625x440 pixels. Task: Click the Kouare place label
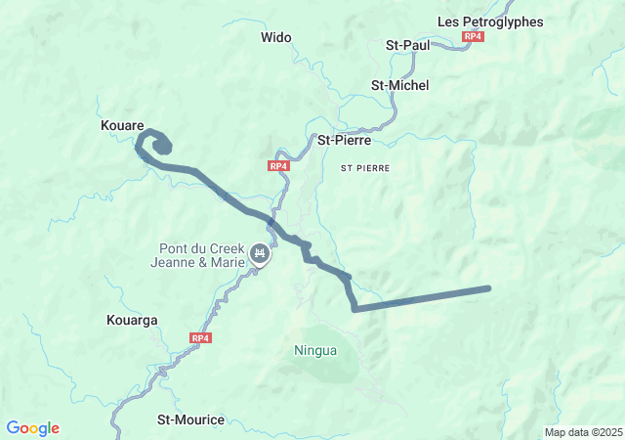click(x=122, y=126)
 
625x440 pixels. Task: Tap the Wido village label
click(x=276, y=38)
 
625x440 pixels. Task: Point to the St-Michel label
click(x=400, y=85)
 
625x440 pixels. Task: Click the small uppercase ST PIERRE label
click(x=365, y=168)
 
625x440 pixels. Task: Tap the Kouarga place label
click(x=131, y=320)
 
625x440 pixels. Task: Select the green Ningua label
click(x=315, y=349)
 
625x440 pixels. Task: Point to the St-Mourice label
click(x=190, y=420)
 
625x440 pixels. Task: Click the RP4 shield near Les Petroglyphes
click(x=474, y=36)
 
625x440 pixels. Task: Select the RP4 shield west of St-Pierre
click(x=279, y=166)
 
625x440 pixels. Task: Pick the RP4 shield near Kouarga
click(x=200, y=338)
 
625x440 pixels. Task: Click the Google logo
click(x=33, y=428)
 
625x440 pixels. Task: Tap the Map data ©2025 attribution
click(x=583, y=432)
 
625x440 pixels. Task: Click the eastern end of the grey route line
click(x=486, y=288)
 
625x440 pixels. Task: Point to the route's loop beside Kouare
click(x=156, y=145)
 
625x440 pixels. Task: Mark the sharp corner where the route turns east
click(x=355, y=309)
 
